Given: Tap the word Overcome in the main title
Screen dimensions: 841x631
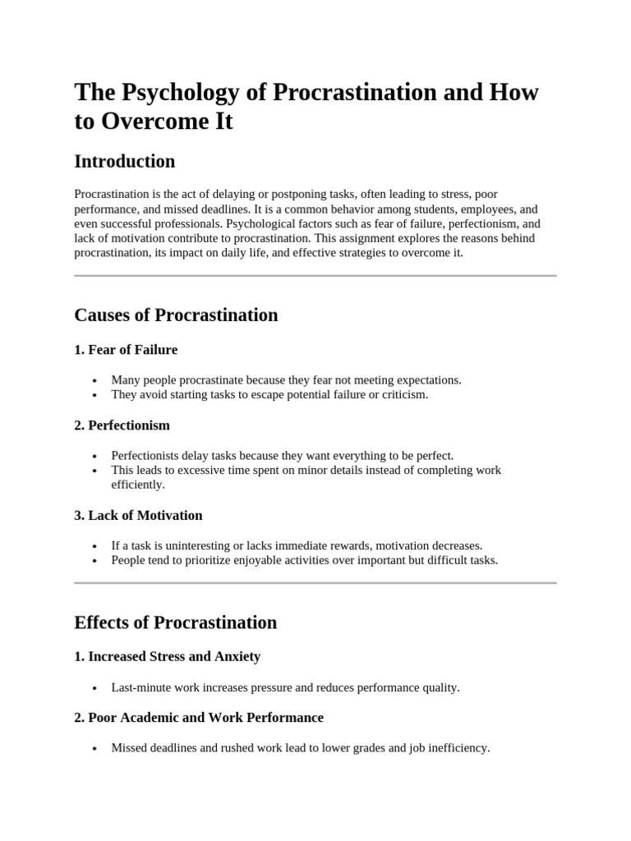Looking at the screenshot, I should (x=150, y=122).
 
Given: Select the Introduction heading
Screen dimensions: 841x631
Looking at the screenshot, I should (x=124, y=161).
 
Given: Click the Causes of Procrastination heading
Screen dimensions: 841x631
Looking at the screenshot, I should (x=176, y=315).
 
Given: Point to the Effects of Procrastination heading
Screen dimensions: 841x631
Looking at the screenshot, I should (x=175, y=622).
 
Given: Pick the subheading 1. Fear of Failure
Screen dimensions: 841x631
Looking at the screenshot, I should (x=126, y=350).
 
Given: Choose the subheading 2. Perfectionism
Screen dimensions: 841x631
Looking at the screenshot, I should (x=122, y=425).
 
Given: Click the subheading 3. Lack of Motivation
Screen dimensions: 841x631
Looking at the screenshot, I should (x=138, y=515).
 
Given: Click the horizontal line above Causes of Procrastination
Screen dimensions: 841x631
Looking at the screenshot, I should (x=315, y=276).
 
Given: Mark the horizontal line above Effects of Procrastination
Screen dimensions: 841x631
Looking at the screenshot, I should (x=315, y=583).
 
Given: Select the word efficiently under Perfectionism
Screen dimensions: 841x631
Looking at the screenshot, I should (x=138, y=485).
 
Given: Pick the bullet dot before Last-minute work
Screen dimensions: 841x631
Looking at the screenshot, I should (x=96, y=688).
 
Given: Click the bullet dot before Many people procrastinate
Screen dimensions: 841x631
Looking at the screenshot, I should (x=96, y=381).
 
